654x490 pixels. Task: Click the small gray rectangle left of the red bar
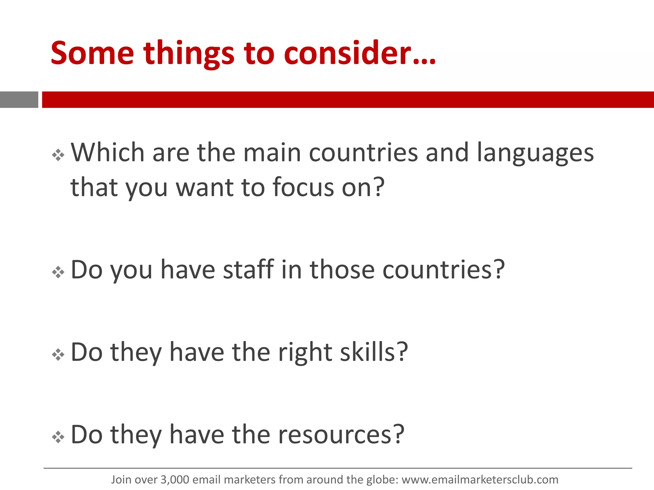(19, 100)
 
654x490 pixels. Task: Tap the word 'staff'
(248, 270)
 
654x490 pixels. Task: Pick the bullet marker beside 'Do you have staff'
(58, 272)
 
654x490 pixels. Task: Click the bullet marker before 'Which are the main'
(58, 155)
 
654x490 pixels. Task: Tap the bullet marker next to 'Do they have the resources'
(58, 437)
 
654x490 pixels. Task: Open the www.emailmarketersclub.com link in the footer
(480, 480)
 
